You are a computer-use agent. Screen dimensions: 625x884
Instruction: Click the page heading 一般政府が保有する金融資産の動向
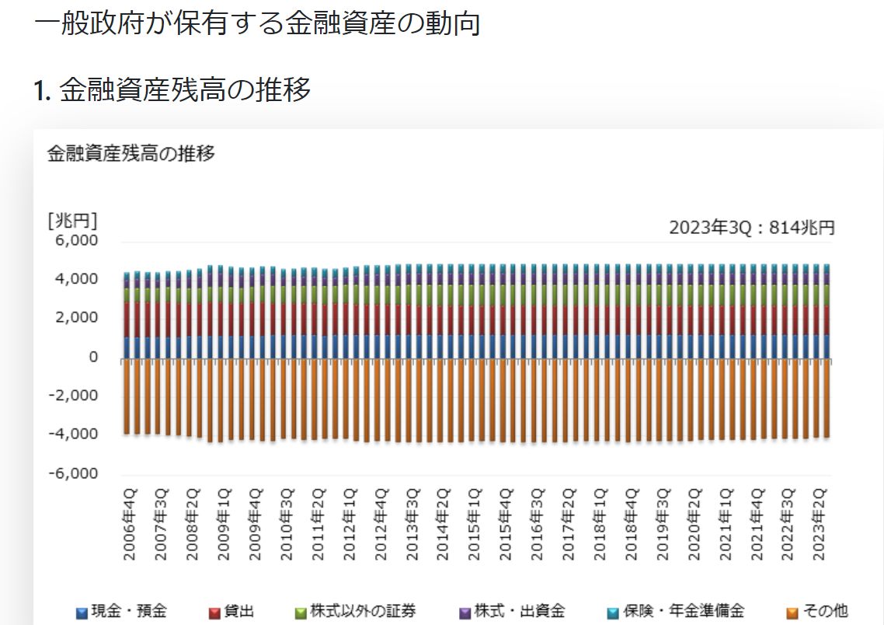coord(257,23)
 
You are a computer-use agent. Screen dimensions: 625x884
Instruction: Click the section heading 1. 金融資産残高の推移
coord(172,90)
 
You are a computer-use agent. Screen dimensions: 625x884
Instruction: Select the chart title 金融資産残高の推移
coord(131,153)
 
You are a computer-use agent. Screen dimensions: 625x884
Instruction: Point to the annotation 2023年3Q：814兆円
coord(751,228)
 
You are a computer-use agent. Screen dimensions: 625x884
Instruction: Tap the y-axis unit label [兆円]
coord(72,221)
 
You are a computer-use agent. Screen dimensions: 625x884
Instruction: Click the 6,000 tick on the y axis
coord(76,241)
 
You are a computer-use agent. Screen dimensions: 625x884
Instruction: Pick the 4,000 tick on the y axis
coord(76,279)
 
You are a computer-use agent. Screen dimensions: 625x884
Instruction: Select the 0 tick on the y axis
coord(92,357)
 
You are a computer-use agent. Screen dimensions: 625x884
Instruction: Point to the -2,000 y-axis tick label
coord(73,396)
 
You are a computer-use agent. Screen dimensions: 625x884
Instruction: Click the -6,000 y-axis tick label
coord(73,473)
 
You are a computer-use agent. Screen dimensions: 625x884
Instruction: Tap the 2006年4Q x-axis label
coord(130,525)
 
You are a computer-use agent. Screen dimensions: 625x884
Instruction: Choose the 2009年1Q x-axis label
coord(224,525)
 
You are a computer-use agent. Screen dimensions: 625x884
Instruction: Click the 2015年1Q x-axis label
coord(475,525)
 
